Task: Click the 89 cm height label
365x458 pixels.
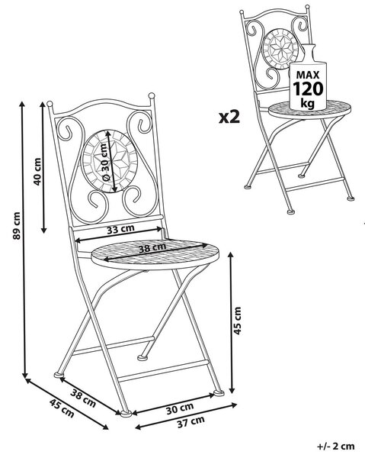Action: [17, 225]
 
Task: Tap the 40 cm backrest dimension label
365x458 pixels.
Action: [37, 172]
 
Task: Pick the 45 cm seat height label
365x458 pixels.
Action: [238, 321]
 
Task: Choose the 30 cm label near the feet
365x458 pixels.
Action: [180, 408]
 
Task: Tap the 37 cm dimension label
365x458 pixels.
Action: [191, 422]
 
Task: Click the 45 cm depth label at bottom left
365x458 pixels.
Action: [62, 408]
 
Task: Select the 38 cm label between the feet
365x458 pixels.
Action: [83, 398]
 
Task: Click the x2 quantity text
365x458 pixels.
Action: [229, 117]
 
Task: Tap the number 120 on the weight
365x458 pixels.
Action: [308, 89]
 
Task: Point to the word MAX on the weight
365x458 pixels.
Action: [308, 75]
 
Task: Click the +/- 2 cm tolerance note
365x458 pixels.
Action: [336, 446]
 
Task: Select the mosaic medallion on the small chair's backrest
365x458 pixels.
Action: [280, 49]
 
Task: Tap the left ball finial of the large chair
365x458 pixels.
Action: [50, 104]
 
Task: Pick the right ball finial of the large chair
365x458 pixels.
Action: [152, 95]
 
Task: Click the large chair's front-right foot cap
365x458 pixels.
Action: [219, 393]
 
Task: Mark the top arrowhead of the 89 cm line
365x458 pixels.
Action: [22, 105]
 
